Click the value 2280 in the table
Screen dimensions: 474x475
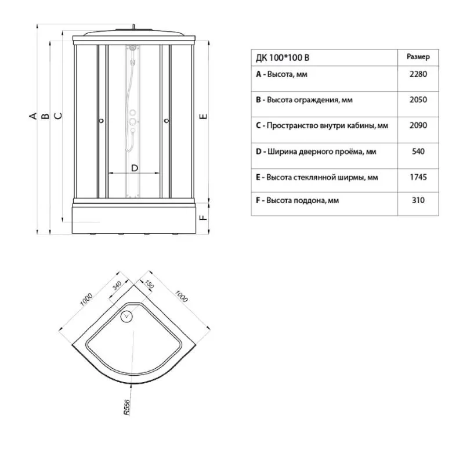coord(418,74)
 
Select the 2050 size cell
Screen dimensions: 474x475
coord(418,100)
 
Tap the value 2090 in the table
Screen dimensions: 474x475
coord(418,125)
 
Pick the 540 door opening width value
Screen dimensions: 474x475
coord(418,152)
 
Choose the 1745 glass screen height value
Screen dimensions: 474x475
coord(418,177)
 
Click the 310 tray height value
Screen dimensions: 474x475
coord(418,200)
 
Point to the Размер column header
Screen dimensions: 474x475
coord(418,57)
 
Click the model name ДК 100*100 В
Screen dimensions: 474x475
coord(283,57)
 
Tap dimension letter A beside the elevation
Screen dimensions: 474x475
coord(32,116)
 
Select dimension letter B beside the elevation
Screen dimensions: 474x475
coord(45,116)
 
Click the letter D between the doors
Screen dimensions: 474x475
coord(135,168)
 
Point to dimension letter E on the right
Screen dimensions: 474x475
coord(204,116)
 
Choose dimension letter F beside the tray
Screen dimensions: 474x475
coord(204,217)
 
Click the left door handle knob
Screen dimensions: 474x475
coord(101,121)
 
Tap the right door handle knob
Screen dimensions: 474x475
coord(166,121)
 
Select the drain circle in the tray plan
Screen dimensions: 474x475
coord(126,317)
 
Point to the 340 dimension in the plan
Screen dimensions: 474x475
coord(117,285)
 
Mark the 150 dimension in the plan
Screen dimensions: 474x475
coord(149,285)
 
